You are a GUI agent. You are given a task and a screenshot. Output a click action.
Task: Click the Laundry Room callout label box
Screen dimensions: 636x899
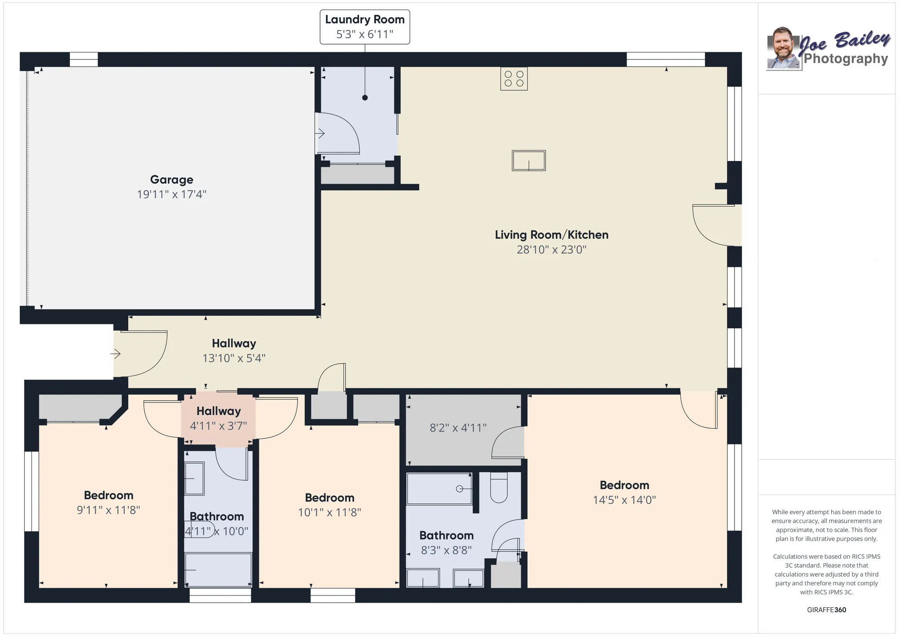[365, 27]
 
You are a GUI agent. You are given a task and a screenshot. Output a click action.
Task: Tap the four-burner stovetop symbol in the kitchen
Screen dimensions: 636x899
[514, 79]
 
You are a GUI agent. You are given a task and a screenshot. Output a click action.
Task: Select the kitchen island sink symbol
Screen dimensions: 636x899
[529, 161]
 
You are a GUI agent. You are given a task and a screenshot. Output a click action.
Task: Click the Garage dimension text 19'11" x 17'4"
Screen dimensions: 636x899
[171, 194]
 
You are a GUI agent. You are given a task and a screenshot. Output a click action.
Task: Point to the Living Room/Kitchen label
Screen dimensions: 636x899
[552, 235]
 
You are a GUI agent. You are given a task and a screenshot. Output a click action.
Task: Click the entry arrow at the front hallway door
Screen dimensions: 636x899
[116, 354]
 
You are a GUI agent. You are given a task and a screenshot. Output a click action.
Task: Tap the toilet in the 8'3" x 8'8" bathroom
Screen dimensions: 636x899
[498, 488]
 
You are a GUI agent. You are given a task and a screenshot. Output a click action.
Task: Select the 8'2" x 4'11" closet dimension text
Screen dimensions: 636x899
[458, 428]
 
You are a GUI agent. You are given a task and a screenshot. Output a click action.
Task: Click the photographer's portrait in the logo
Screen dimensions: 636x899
[783, 49]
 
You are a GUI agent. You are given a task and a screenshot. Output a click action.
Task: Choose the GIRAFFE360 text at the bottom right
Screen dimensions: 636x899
[826, 610]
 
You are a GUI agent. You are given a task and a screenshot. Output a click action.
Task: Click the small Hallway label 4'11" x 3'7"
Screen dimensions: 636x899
[218, 418]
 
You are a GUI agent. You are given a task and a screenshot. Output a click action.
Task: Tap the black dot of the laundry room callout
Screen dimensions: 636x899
[365, 98]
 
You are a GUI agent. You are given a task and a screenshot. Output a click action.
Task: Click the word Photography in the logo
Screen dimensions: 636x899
[846, 59]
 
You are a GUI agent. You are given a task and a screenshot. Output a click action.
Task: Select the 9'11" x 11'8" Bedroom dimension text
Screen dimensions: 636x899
[108, 510]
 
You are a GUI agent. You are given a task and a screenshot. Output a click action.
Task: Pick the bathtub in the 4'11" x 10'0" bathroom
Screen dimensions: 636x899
[218, 570]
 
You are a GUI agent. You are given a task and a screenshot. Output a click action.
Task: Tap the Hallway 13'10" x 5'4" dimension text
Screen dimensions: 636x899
[234, 358]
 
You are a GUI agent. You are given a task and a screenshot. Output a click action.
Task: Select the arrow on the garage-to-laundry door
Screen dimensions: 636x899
[320, 134]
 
